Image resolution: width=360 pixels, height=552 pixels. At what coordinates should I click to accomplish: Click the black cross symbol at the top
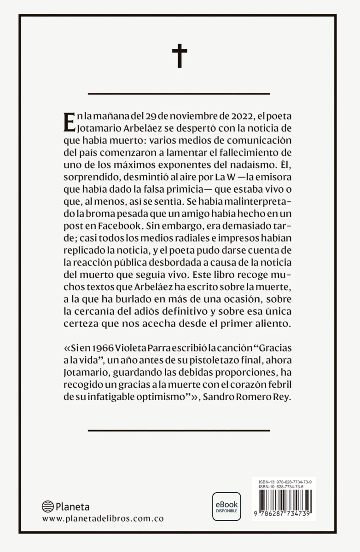[x=180, y=56]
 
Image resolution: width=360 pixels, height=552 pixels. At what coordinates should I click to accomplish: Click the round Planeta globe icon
[x=48, y=507]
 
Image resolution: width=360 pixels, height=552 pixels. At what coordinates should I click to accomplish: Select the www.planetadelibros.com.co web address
[x=103, y=518]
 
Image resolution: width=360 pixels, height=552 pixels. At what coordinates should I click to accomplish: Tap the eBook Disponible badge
[x=226, y=506]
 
